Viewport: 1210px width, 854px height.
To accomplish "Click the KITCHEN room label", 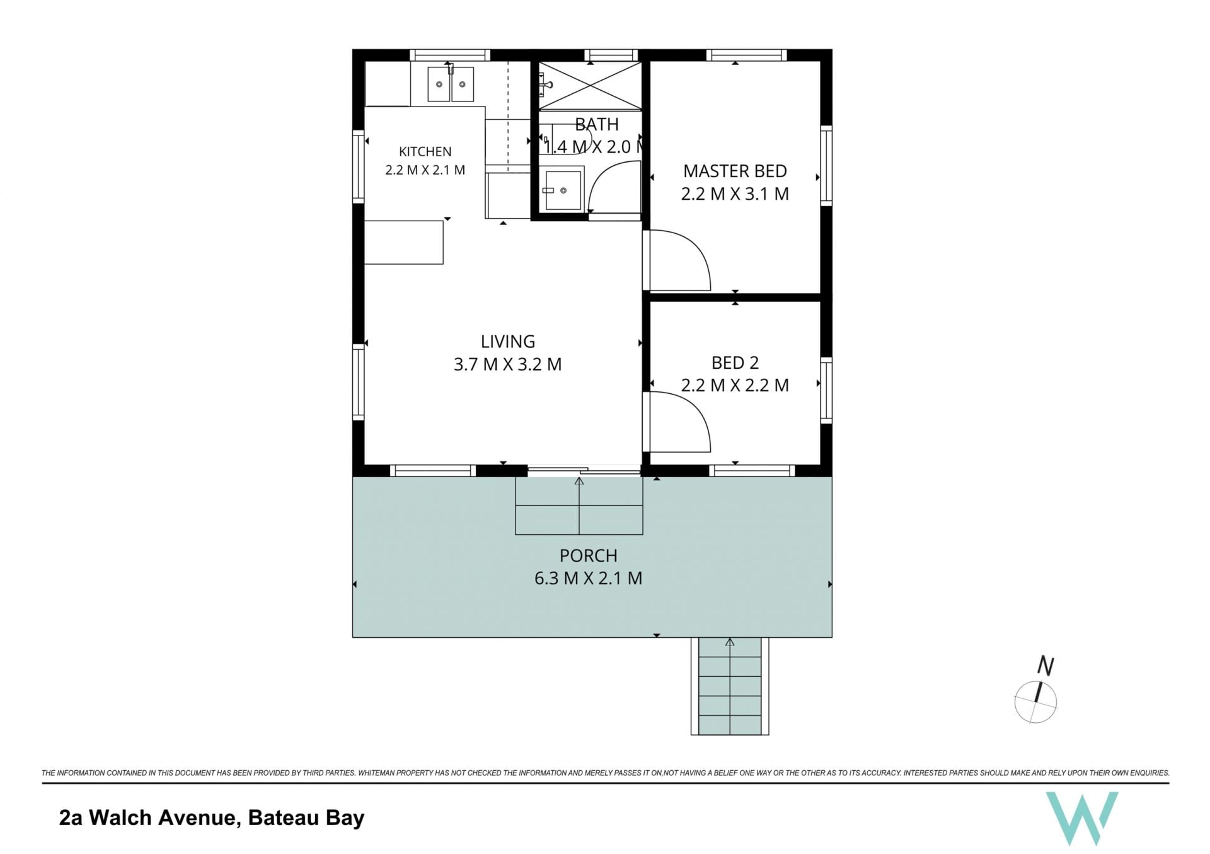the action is click(x=425, y=152).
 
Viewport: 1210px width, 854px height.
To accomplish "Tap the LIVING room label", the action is click(x=507, y=342).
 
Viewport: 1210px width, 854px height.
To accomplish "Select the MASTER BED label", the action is click(x=735, y=171).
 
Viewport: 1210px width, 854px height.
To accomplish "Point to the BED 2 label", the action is click(x=735, y=363).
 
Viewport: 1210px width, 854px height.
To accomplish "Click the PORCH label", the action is click(x=588, y=556).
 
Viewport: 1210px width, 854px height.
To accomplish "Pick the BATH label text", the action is click(x=596, y=125).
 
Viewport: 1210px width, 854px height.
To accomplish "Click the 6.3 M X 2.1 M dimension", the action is click(x=588, y=579).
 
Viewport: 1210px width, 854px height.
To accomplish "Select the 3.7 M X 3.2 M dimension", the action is click(x=507, y=364).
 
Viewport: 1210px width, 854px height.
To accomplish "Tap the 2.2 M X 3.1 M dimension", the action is click(x=735, y=194).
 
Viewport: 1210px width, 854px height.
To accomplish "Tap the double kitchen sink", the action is click(x=451, y=84).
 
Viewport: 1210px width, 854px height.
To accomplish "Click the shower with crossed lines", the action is click(x=590, y=85).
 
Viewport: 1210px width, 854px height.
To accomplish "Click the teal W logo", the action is click(x=1082, y=817).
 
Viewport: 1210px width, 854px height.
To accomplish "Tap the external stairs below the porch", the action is click(x=730, y=686).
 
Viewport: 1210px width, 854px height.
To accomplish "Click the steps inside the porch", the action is click(x=579, y=506).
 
